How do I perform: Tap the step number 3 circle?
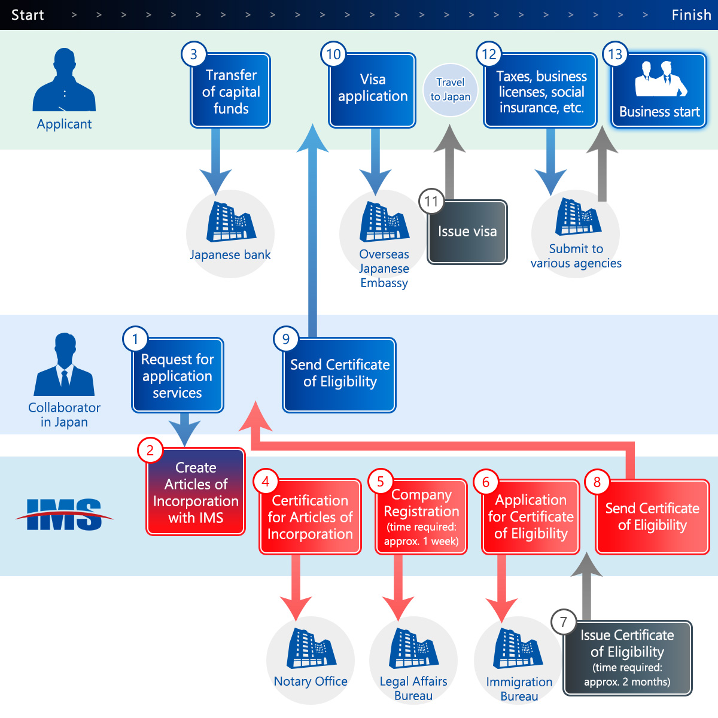[193, 54]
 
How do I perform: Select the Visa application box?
[372, 90]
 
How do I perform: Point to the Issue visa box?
[467, 232]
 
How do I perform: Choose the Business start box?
[659, 90]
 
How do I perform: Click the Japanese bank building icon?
[231, 222]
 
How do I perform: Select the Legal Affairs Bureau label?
[413, 689]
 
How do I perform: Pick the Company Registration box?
[421, 517]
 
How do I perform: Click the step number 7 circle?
[563, 622]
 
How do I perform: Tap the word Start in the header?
[28, 15]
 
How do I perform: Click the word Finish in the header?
[691, 15]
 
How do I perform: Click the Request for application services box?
[178, 376]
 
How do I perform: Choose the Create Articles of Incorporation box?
[196, 492]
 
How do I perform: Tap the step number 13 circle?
[615, 54]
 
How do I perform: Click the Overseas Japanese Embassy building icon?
[384, 222]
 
